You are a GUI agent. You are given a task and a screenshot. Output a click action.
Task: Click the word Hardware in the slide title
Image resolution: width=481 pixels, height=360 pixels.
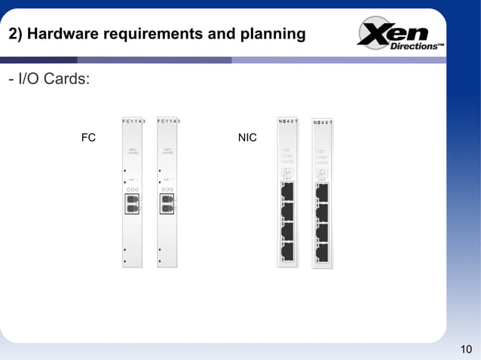(62, 35)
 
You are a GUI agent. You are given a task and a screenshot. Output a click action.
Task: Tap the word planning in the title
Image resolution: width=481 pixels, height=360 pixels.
(274, 35)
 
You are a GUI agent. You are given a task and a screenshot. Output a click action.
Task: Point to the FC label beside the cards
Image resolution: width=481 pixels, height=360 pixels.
(88, 138)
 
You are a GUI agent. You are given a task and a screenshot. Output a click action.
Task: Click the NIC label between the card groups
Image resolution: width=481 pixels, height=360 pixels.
(247, 138)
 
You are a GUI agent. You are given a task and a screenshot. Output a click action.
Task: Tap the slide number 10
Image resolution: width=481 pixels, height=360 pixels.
(465, 348)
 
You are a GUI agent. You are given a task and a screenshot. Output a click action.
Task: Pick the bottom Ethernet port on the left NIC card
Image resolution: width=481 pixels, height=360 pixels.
(287, 251)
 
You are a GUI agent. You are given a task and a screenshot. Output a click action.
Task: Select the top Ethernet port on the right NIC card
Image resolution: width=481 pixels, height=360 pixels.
(322, 193)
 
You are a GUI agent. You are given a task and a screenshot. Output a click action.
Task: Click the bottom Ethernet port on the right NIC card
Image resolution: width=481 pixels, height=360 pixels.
(322, 252)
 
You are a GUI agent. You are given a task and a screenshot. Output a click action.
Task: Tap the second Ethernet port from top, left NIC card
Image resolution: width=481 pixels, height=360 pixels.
(287, 212)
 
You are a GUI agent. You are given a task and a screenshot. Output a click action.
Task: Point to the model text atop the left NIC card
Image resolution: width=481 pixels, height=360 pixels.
(288, 121)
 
